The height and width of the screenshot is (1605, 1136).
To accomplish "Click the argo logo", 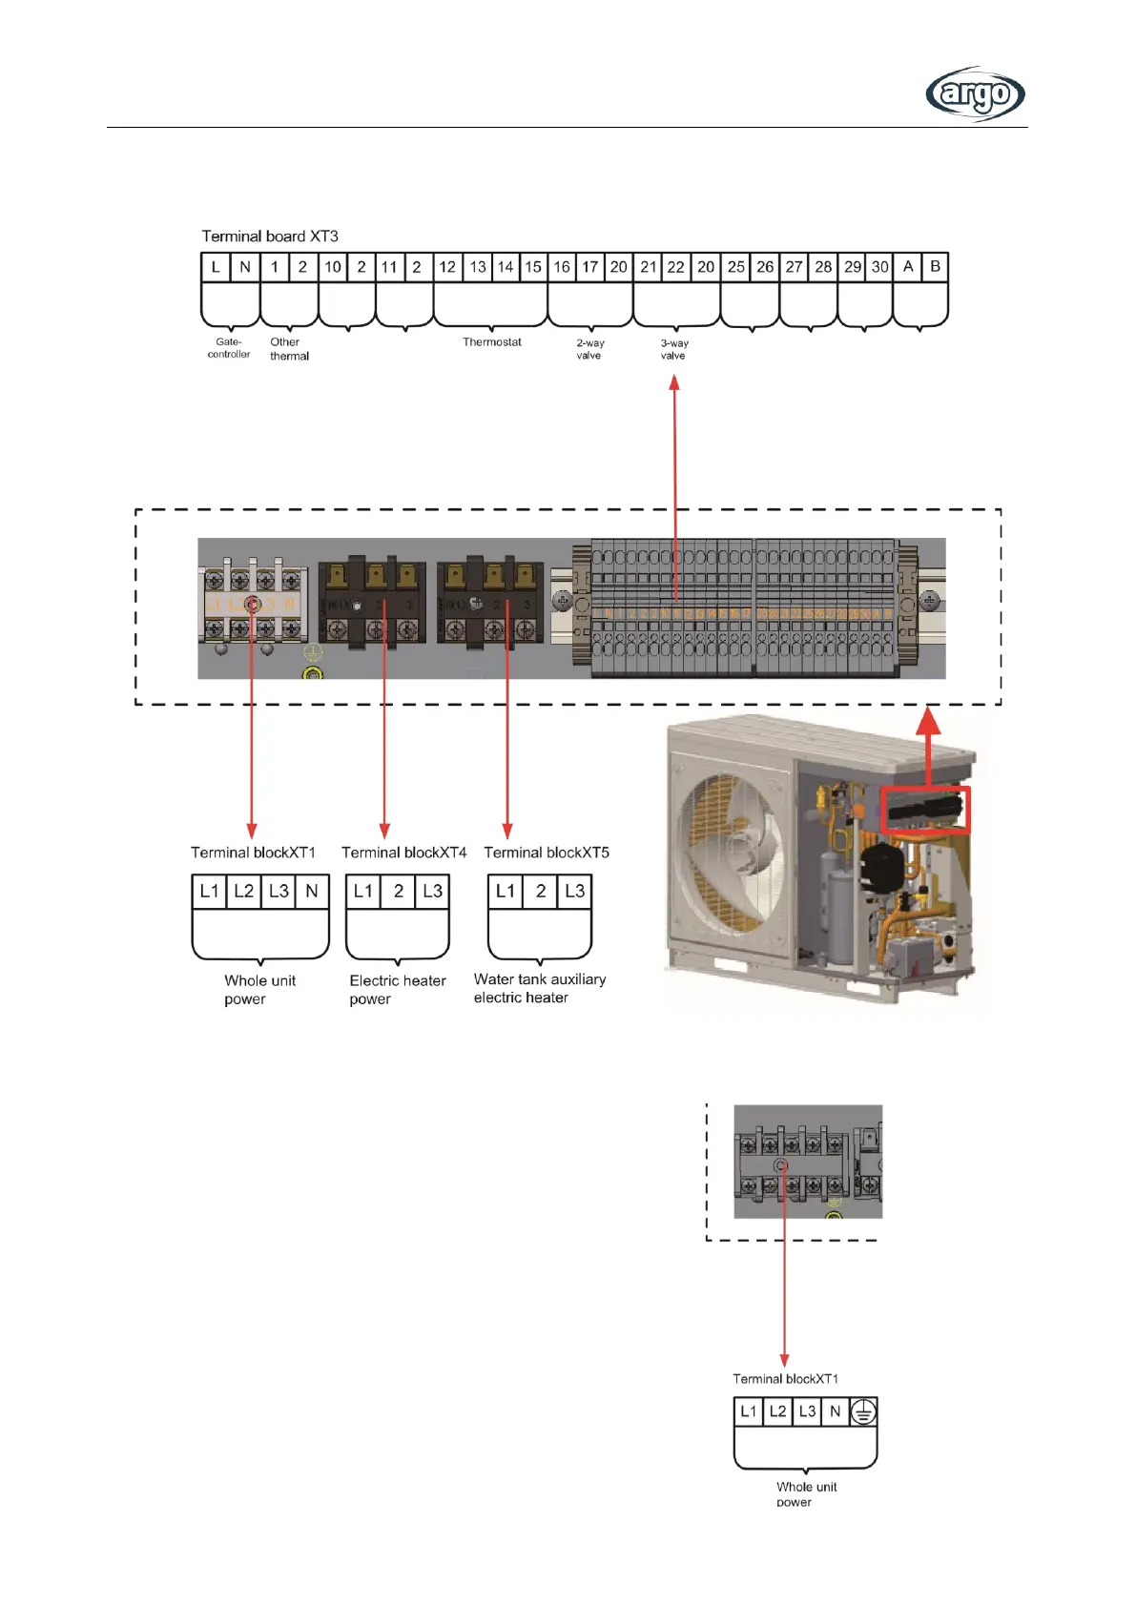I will [x=975, y=94].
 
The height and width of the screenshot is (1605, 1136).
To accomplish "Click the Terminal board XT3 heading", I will [x=270, y=236].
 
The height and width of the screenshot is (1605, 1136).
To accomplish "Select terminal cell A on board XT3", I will [x=907, y=267].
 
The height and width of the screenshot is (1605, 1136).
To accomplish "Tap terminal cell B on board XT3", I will [x=935, y=267].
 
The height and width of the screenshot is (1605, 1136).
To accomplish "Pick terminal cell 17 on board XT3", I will [x=590, y=267].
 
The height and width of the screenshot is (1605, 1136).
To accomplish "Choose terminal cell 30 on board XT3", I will [x=879, y=267].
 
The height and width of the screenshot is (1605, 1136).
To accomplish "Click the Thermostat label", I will [x=491, y=342].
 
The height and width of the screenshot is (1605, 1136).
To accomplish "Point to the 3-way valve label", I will [x=674, y=349].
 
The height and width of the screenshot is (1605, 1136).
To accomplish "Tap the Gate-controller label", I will [x=229, y=348].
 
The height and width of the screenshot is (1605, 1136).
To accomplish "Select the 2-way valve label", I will [x=589, y=349].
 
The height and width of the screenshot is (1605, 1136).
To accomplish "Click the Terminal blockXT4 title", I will [x=403, y=853].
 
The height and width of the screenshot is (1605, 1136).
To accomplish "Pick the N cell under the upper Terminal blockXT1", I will [x=311, y=891].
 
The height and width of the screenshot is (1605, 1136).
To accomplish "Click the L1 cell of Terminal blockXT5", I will [x=506, y=891].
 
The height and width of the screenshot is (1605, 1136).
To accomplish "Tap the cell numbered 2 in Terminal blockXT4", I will [x=399, y=891].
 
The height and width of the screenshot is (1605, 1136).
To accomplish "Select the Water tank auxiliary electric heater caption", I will [x=539, y=988].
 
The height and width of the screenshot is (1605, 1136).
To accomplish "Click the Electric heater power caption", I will [x=397, y=989].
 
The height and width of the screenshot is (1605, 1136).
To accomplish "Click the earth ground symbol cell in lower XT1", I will [x=863, y=1411].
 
